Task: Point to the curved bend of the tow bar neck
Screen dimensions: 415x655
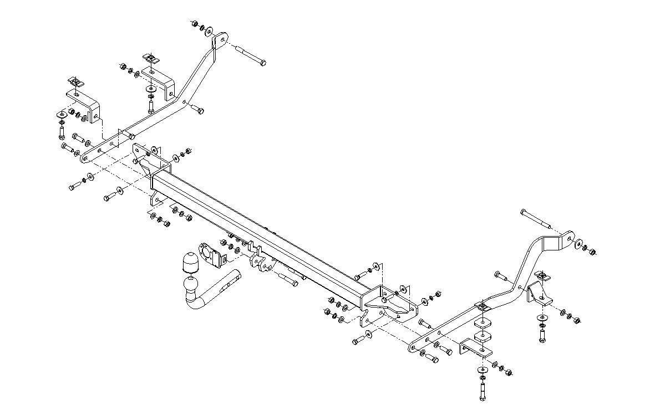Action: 195,304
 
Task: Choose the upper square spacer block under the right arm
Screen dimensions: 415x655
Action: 484,323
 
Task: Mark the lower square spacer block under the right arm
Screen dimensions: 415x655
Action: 483,337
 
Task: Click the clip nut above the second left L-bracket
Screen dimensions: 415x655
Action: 149,58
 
